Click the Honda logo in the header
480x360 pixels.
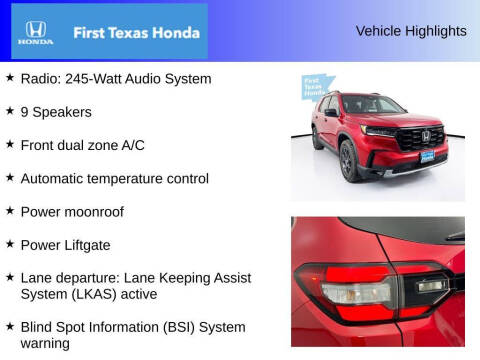[x=35, y=32]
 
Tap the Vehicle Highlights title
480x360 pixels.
[x=410, y=31]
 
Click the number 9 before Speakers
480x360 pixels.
[x=23, y=112]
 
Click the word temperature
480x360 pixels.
[x=131, y=178]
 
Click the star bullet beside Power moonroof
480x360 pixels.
[x=9, y=211]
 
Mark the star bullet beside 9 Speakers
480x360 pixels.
[x=9, y=111]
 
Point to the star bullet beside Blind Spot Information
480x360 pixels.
[x=9, y=326]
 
